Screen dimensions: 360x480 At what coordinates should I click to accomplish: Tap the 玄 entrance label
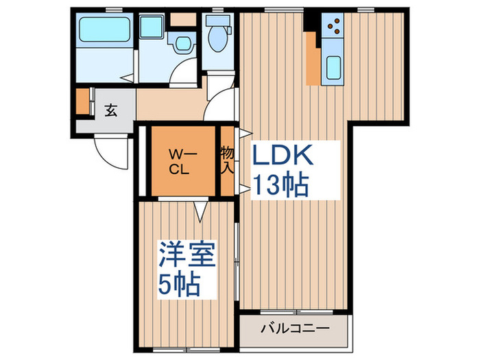[x=110, y=110]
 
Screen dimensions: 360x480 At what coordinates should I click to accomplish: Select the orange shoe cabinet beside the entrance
[x=83, y=101]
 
